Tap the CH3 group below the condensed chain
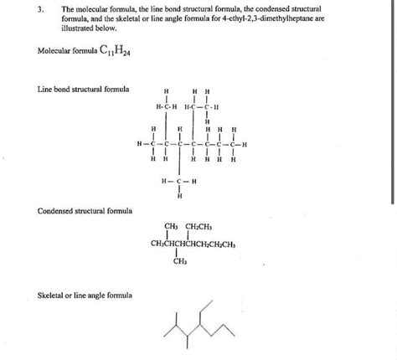click(x=180, y=261)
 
